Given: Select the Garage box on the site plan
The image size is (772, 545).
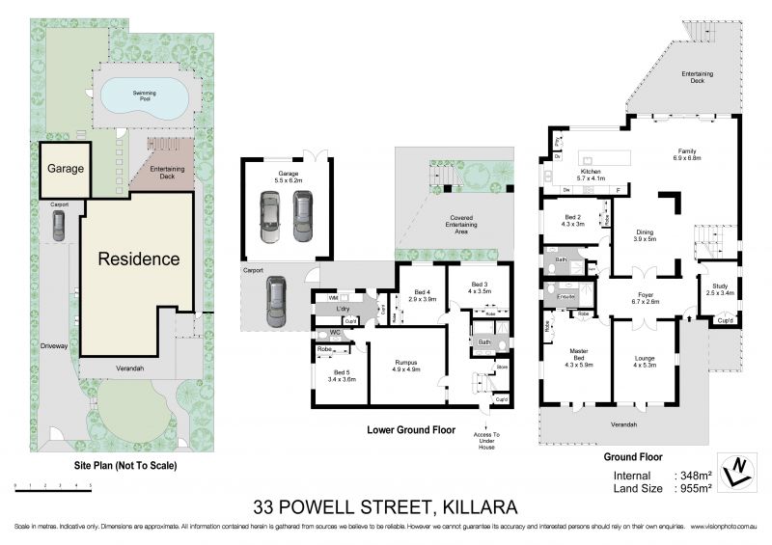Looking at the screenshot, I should click(x=65, y=170).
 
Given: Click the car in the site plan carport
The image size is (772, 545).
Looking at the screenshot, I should click(x=60, y=226).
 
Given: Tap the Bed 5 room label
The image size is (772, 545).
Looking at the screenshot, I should click(x=343, y=375).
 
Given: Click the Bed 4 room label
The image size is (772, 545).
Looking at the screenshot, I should click(x=420, y=296).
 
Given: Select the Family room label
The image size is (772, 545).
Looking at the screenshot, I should click(x=687, y=156).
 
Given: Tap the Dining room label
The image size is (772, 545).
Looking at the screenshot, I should click(x=645, y=235).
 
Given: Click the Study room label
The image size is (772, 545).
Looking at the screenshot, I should click(x=720, y=289).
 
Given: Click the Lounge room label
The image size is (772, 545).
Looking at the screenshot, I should click(x=644, y=360).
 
